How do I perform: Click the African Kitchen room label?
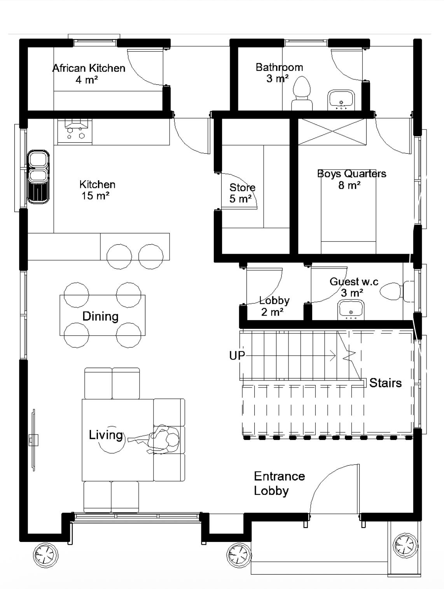[89, 68]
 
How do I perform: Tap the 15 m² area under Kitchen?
[96, 196]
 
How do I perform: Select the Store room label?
[242, 187]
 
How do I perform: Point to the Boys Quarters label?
[351, 174]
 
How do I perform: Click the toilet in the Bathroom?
[302, 93]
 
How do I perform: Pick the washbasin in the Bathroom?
[341, 100]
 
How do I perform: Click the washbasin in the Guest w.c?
[351, 310]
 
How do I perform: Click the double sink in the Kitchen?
[38, 177]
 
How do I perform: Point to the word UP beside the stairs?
[237, 356]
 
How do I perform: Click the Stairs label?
[385, 383]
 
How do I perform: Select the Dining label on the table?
[100, 316]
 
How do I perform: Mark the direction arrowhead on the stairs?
[333, 356]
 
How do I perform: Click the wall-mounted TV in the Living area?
[34, 440]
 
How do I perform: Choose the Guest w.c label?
[354, 282]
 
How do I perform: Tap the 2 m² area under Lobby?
[272, 312]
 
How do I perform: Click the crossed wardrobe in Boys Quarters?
[332, 132]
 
